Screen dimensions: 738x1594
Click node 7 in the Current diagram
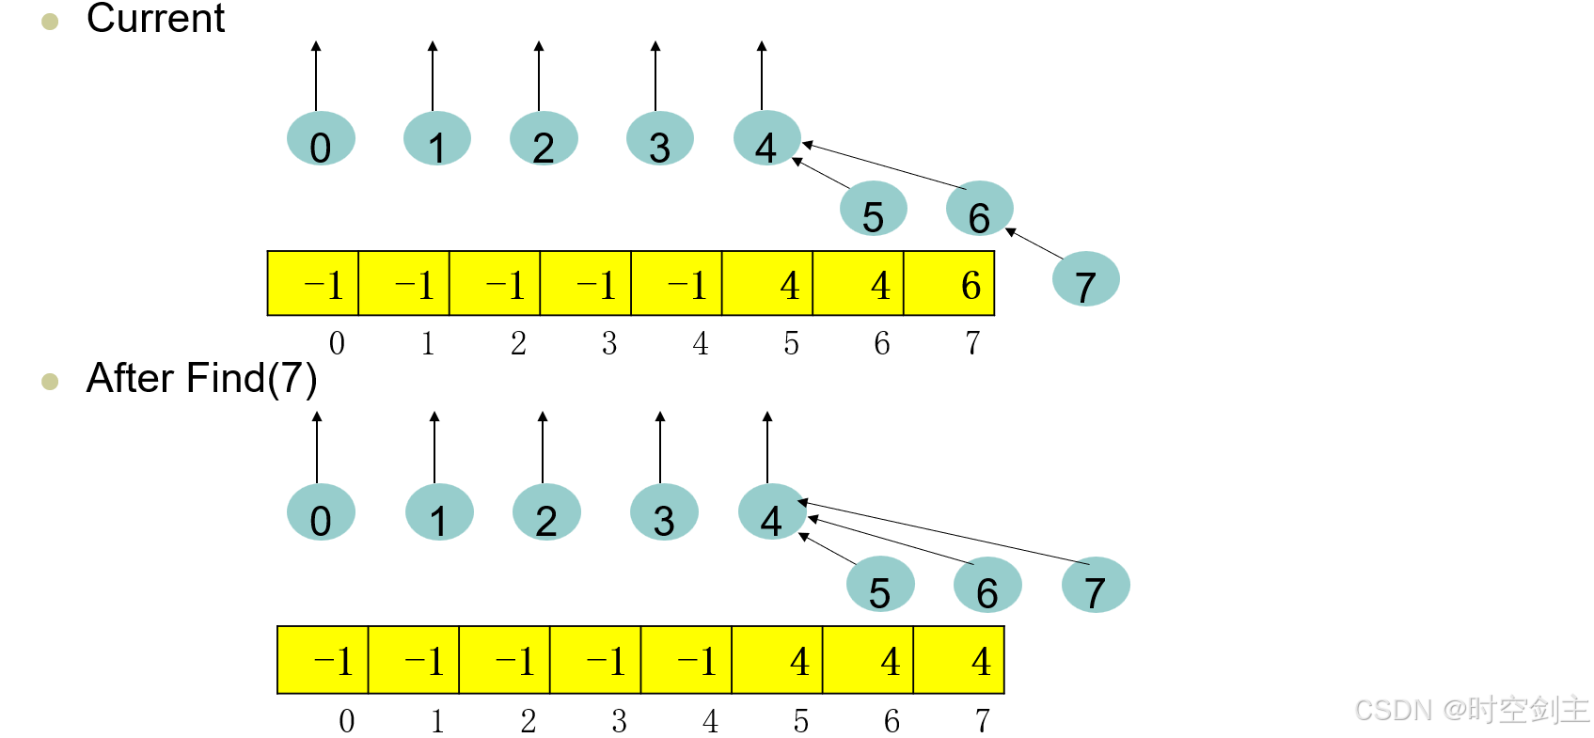click(x=1085, y=279)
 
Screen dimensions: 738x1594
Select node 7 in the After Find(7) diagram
click(x=1095, y=585)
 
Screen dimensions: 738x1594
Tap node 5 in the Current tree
click(x=873, y=209)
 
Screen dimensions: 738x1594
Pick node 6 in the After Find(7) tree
click(x=986, y=585)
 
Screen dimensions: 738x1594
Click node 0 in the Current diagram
click(x=321, y=139)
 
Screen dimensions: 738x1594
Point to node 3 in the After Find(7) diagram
click(x=664, y=512)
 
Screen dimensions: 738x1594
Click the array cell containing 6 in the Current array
click(x=949, y=284)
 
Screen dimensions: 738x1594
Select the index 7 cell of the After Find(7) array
click(x=959, y=660)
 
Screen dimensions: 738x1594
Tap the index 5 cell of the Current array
click(x=767, y=284)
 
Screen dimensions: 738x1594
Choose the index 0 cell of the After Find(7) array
click(x=323, y=660)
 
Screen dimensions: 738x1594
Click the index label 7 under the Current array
click(x=972, y=343)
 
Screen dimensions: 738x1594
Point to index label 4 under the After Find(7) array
click(x=710, y=721)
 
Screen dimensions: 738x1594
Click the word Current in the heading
click(x=155, y=19)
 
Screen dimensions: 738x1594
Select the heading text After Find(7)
click(x=201, y=378)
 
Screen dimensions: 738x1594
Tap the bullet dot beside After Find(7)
click(x=51, y=382)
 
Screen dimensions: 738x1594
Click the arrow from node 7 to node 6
click(x=1034, y=243)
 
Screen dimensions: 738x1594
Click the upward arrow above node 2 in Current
click(x=539, y=75)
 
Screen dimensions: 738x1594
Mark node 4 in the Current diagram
click(x=766, y=139)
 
